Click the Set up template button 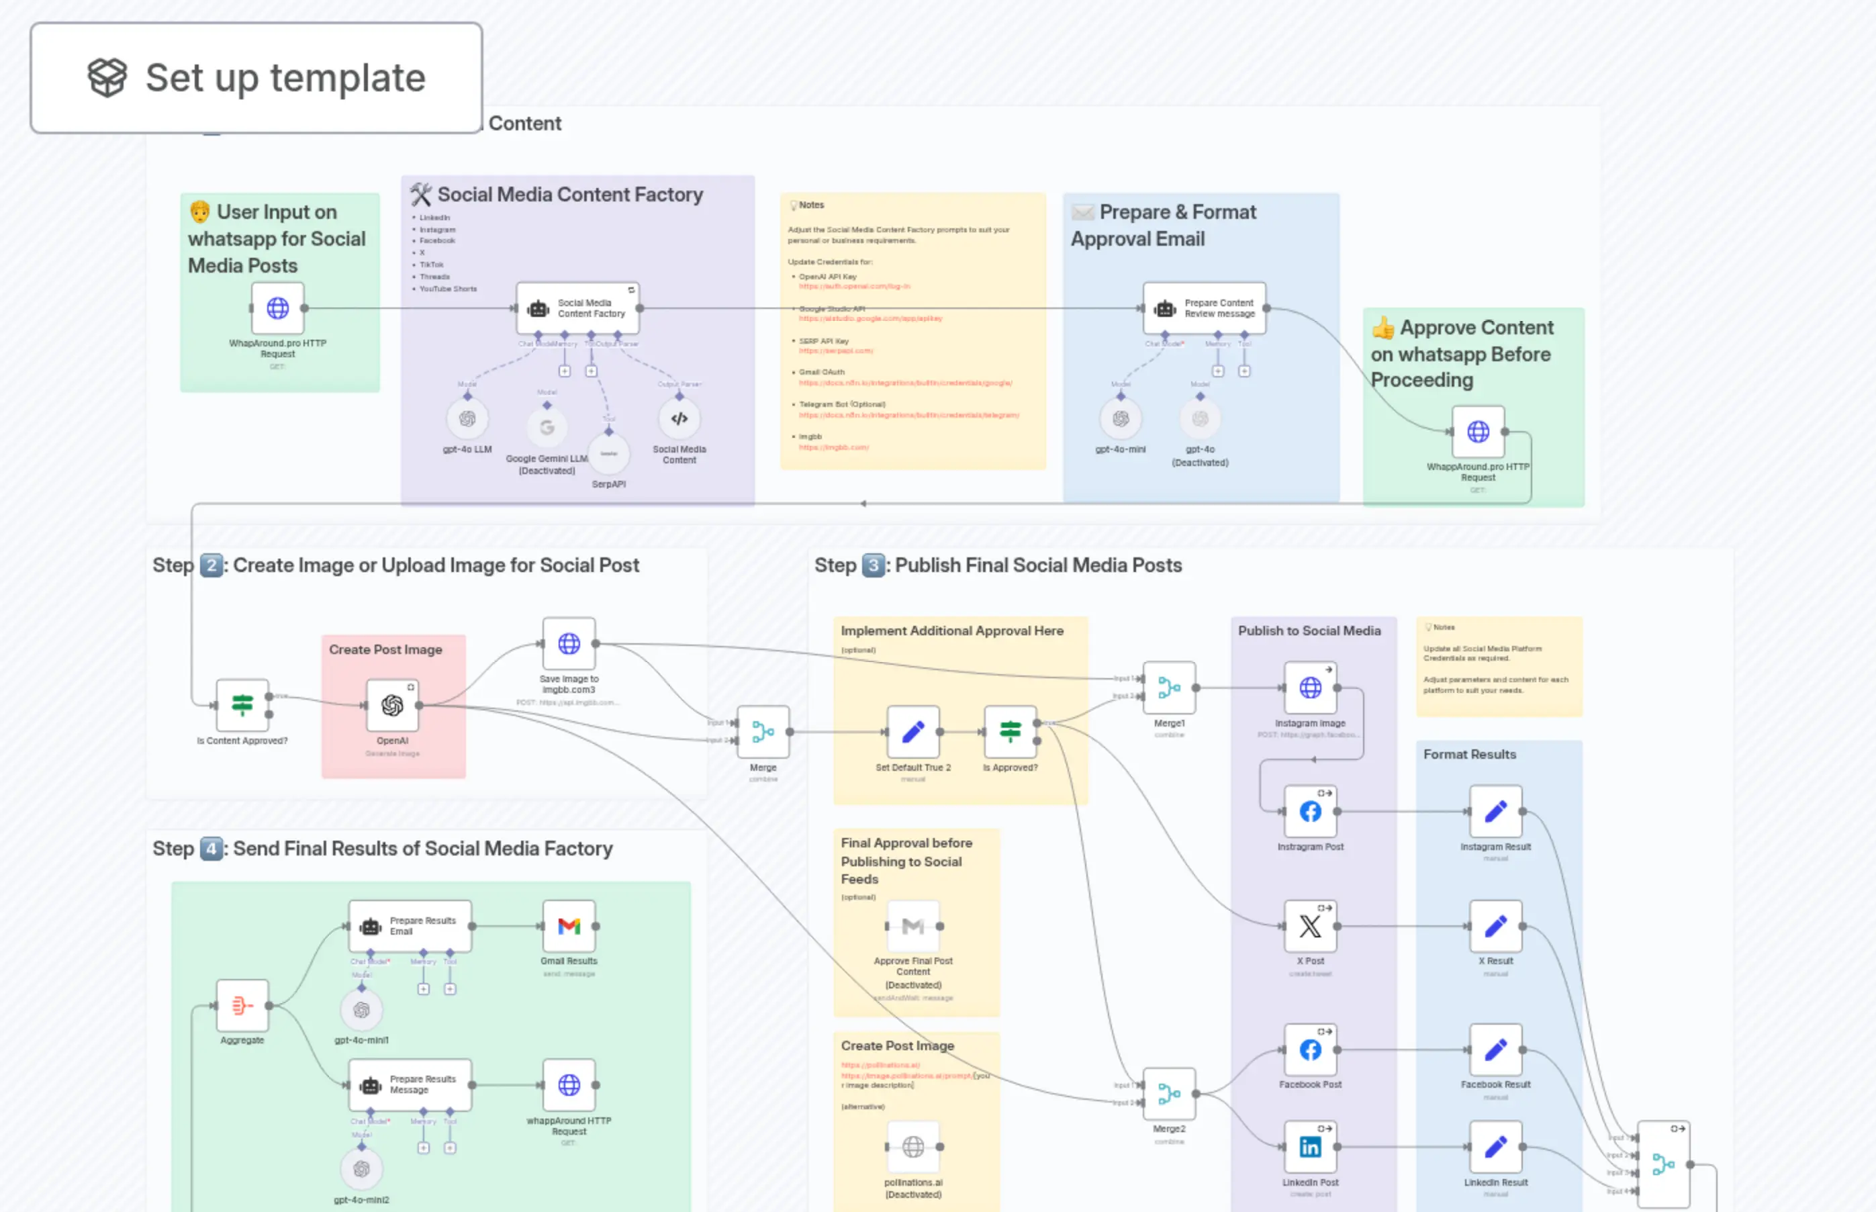[x=256, y=77]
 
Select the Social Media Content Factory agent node [x=577, y=308]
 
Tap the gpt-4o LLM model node [x=467, y=419]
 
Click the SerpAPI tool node [x=608, y=453]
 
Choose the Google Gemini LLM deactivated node [x=547, y=427]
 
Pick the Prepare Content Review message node [x=1204, y=308]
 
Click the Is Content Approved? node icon [x=242, y=704]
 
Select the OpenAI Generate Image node [x=392, y=705]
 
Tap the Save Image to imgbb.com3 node [x=569, y=644]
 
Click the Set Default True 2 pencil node [x=912, y=732]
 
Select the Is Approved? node [x=1010, y=732]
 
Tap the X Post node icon [x=1309, y=927]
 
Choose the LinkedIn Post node [x=1309, y=1147]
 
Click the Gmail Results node [x=569, y=927]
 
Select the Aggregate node [x=242, y=1005]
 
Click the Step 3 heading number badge [x=873, y=565]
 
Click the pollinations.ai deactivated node [x=912, y=1147]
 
